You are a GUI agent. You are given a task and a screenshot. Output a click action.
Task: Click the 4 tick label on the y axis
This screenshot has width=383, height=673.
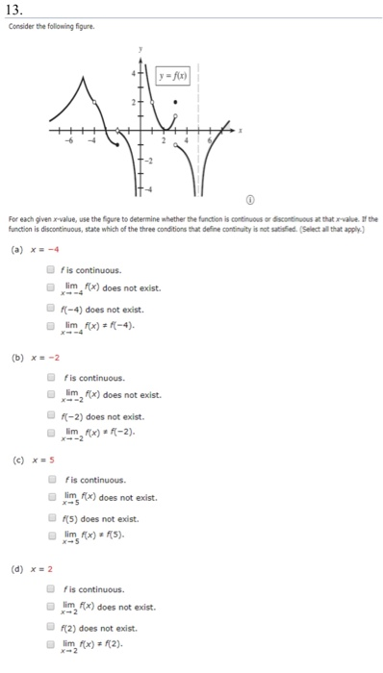[x=134, y=74]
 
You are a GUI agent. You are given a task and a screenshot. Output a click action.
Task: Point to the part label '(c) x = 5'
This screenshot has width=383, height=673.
[x=27, y=459]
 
